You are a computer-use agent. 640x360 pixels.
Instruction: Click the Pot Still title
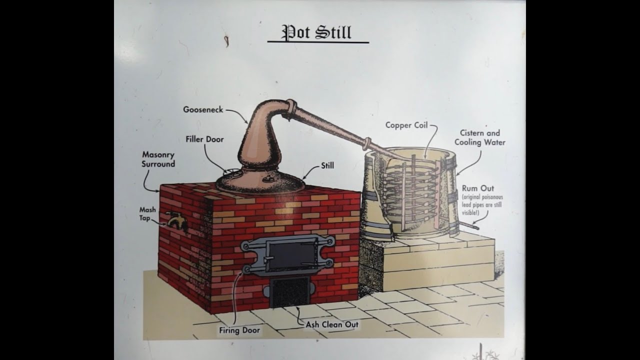(x=316, y=32)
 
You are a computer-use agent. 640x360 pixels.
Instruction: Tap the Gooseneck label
(x=203, y=109)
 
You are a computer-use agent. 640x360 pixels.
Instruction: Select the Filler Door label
(x=204, y=139)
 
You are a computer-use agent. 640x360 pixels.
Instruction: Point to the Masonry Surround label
(x=158, y=159)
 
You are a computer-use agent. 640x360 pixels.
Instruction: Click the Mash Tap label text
(x=147, y=213)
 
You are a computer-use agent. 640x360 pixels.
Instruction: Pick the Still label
(x=327, y=165)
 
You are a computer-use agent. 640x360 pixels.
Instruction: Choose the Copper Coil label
(x=406, y=125)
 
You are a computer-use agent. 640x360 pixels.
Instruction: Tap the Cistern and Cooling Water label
(x=480, y=137)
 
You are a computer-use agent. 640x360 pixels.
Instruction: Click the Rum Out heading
(x=478, y=188)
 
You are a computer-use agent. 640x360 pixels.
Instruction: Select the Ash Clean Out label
(x=332, y=324)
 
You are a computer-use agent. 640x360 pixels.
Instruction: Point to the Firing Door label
(x=239, y=330)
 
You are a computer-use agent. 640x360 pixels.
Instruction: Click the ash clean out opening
(x=289, y=292)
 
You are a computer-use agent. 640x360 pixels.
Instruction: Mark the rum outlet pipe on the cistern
(x=468, y=226)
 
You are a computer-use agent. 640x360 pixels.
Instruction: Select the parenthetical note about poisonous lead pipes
(x=482, y=205)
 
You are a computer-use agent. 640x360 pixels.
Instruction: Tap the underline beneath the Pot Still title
(x=318, y=42)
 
